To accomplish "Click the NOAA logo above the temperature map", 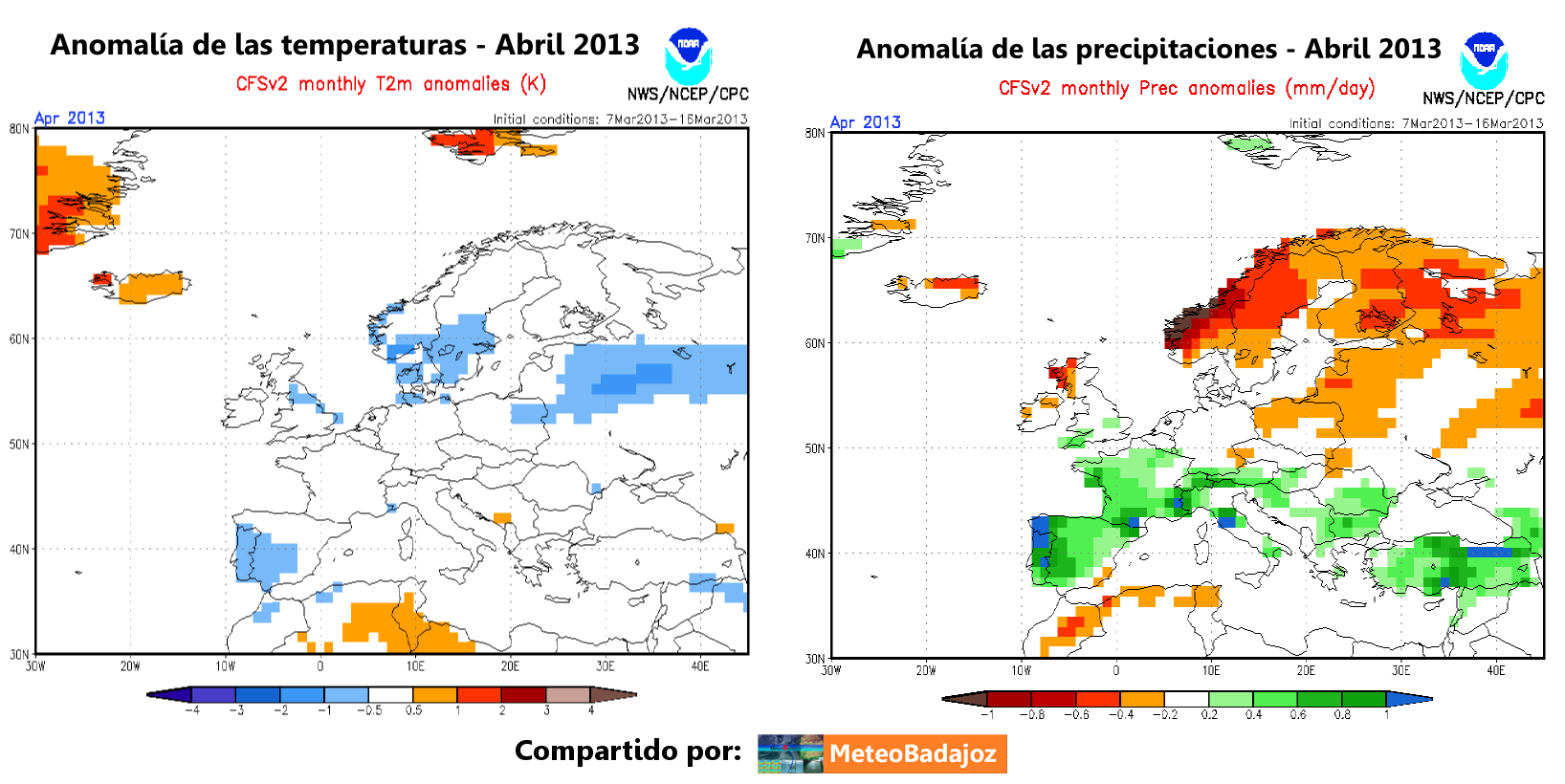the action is click(688, 54).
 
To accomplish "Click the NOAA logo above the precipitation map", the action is click(1484, 59).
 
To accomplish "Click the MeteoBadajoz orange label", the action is click(915, 753).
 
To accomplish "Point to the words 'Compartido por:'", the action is click(628, 751).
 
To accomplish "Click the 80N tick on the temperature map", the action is click(19, 129).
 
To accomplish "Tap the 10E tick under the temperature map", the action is click(415, 666).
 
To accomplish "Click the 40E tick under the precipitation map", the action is click(1496, 671).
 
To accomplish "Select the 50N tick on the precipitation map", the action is click(815, 448).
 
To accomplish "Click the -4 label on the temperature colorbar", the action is click(192, 710).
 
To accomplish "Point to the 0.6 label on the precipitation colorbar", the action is click(1297, 715).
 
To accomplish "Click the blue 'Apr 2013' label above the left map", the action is click(69, 118).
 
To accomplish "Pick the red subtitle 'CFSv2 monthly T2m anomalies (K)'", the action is click(390, 84).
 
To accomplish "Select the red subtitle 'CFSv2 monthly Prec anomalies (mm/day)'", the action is click(1186, 89).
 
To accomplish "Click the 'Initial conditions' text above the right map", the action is click(1416, 123).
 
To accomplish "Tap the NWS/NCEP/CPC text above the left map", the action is click(688, 95).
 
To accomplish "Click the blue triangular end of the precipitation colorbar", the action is click(1409, 699).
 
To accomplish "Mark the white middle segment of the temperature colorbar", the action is click(390, 695).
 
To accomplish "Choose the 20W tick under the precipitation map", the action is click(926, 671).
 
